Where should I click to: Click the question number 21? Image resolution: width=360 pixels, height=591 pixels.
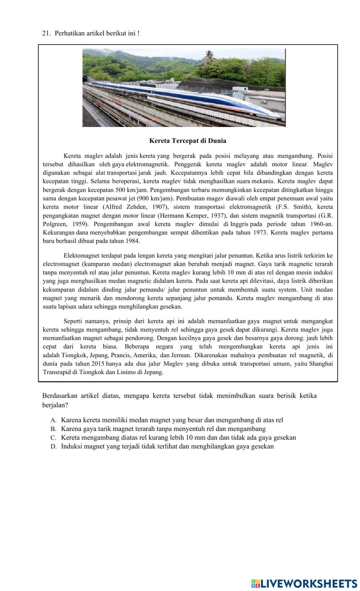pos(45,33)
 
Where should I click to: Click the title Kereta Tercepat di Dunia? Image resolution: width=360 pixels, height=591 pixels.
pos(188,141)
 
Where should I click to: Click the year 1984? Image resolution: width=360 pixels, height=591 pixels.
pos(132,241)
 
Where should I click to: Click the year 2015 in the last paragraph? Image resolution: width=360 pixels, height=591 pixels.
pos(98,364)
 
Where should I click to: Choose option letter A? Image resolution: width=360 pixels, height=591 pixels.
pos(53,420)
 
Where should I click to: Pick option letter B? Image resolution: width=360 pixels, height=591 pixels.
pos(53,429)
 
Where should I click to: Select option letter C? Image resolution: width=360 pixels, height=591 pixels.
pos(53,438)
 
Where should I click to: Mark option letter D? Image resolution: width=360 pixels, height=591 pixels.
pos(53,446)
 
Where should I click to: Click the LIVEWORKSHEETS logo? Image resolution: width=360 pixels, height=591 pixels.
pos(304,583)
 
